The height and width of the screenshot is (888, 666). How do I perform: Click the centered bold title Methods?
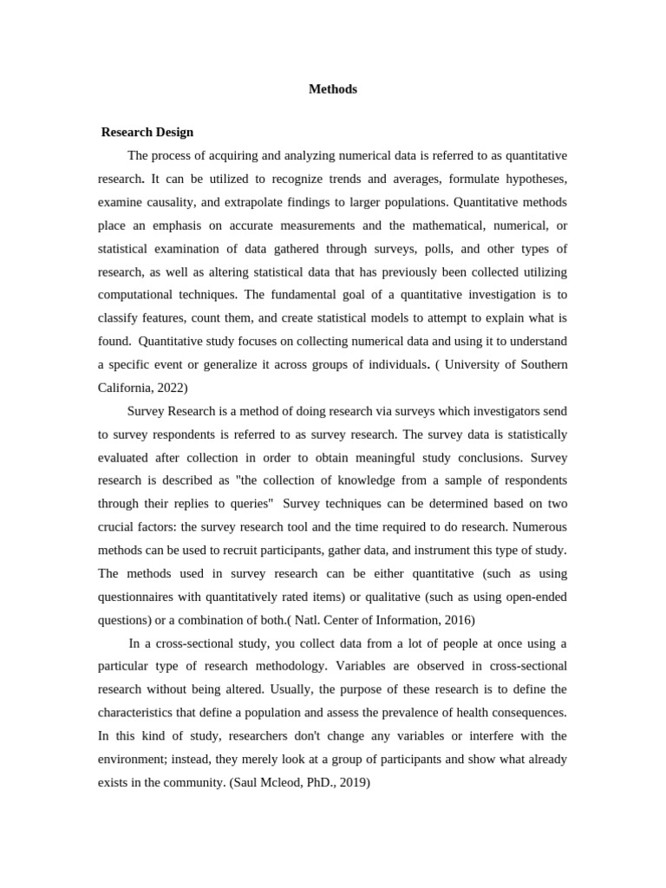333,89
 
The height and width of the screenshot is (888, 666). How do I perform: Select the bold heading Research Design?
147,133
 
